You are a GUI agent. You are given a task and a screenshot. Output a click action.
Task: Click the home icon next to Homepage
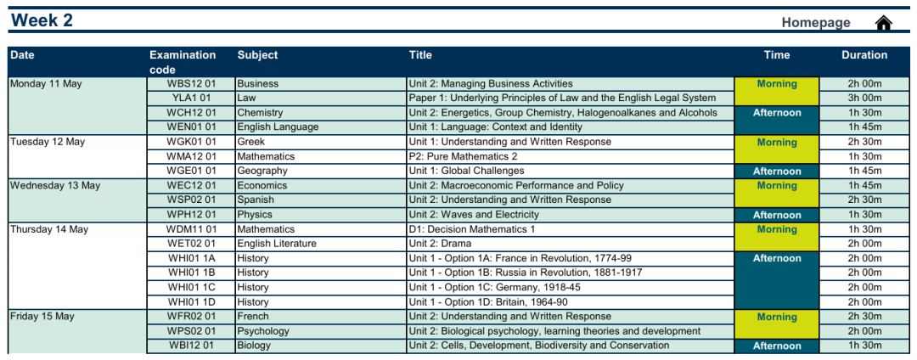tap(883, 22)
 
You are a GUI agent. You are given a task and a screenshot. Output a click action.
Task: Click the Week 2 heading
tap(42, 20)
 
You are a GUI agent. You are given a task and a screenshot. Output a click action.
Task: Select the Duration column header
tap(864, 55)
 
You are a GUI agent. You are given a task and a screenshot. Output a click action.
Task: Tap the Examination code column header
tap(183, 62)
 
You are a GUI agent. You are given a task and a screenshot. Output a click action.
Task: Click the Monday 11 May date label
tap(46, 83)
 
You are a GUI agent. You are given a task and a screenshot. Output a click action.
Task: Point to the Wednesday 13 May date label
tap(55, 185)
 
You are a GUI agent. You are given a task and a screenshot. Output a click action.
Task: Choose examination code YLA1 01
tap(191, 98)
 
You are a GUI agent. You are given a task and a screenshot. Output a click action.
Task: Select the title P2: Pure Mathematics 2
tap(464, 156)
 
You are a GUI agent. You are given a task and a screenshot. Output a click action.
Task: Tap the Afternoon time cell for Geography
tap(777, 172)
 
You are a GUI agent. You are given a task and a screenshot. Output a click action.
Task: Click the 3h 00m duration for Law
tap(864, 98)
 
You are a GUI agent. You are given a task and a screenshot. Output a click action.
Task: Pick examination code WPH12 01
tap(191, 215)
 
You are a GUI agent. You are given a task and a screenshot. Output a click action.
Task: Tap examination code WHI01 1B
tap(191, 273)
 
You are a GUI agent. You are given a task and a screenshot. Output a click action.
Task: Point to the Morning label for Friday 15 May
tap(777, 318)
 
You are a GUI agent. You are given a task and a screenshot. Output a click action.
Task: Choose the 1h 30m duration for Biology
tap(864, 346)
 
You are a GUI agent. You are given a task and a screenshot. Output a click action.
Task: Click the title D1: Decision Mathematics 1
tap(472, 229)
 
